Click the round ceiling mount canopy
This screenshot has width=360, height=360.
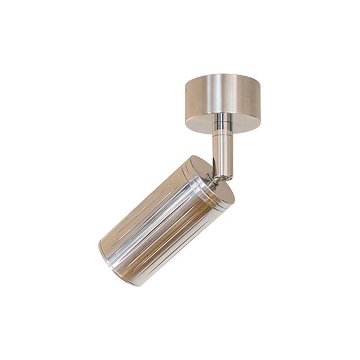coord(222,102)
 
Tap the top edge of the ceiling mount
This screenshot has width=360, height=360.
coord(222,74)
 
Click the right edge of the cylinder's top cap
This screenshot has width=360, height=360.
coord(234,195)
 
